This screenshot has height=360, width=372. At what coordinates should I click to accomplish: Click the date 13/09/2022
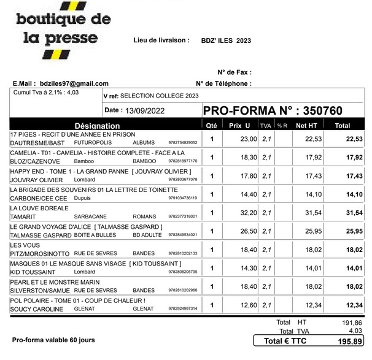pyautogui.click(x=147, y=111)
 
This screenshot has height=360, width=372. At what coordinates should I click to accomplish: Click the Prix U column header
pyautogui.click(x=239, y=125)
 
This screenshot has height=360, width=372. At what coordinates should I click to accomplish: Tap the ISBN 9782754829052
pyautogui.click(x=182, y=143)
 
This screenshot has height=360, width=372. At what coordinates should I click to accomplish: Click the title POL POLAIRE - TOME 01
pyautogui.click(x=78, y=301)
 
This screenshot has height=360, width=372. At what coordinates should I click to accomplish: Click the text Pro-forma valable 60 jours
pyautogui.click(x=53, y=339)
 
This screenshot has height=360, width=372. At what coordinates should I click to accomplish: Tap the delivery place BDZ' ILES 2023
pyautogui.click(x=225, y=40)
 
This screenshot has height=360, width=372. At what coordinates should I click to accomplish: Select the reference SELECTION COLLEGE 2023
pyautogui.click(x=160, y=96)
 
